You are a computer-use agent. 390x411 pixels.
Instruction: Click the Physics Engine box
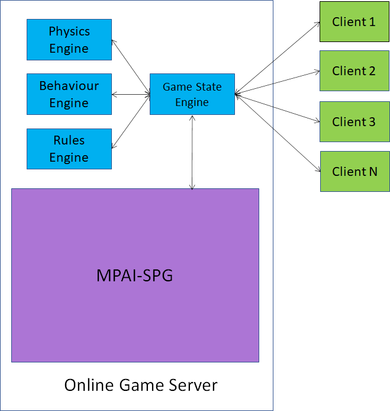(69, 40)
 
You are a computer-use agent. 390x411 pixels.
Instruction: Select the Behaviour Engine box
(69, 94)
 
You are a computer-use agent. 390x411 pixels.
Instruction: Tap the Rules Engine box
(69, 149)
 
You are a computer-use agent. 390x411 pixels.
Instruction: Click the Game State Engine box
(192, 94)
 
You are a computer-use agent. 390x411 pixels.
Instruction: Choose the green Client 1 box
(354, 22)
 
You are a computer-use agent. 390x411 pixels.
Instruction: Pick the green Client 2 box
(354, 71)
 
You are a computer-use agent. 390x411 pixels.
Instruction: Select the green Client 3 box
(354, 121)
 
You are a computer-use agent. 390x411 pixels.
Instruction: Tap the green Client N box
(354, 171)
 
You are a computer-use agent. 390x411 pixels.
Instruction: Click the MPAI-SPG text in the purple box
(135, 275)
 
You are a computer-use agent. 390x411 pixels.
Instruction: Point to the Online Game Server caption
(141, 385)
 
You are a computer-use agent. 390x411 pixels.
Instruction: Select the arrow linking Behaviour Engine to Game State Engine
(131, 94)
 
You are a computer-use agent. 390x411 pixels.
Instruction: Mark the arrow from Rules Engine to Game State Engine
(131, 120)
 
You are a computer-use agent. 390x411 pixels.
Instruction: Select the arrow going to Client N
(277, 133)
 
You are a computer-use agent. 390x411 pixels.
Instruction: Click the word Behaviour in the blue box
(69, 86)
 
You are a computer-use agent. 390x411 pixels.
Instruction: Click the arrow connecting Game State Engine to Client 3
(277, 108)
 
